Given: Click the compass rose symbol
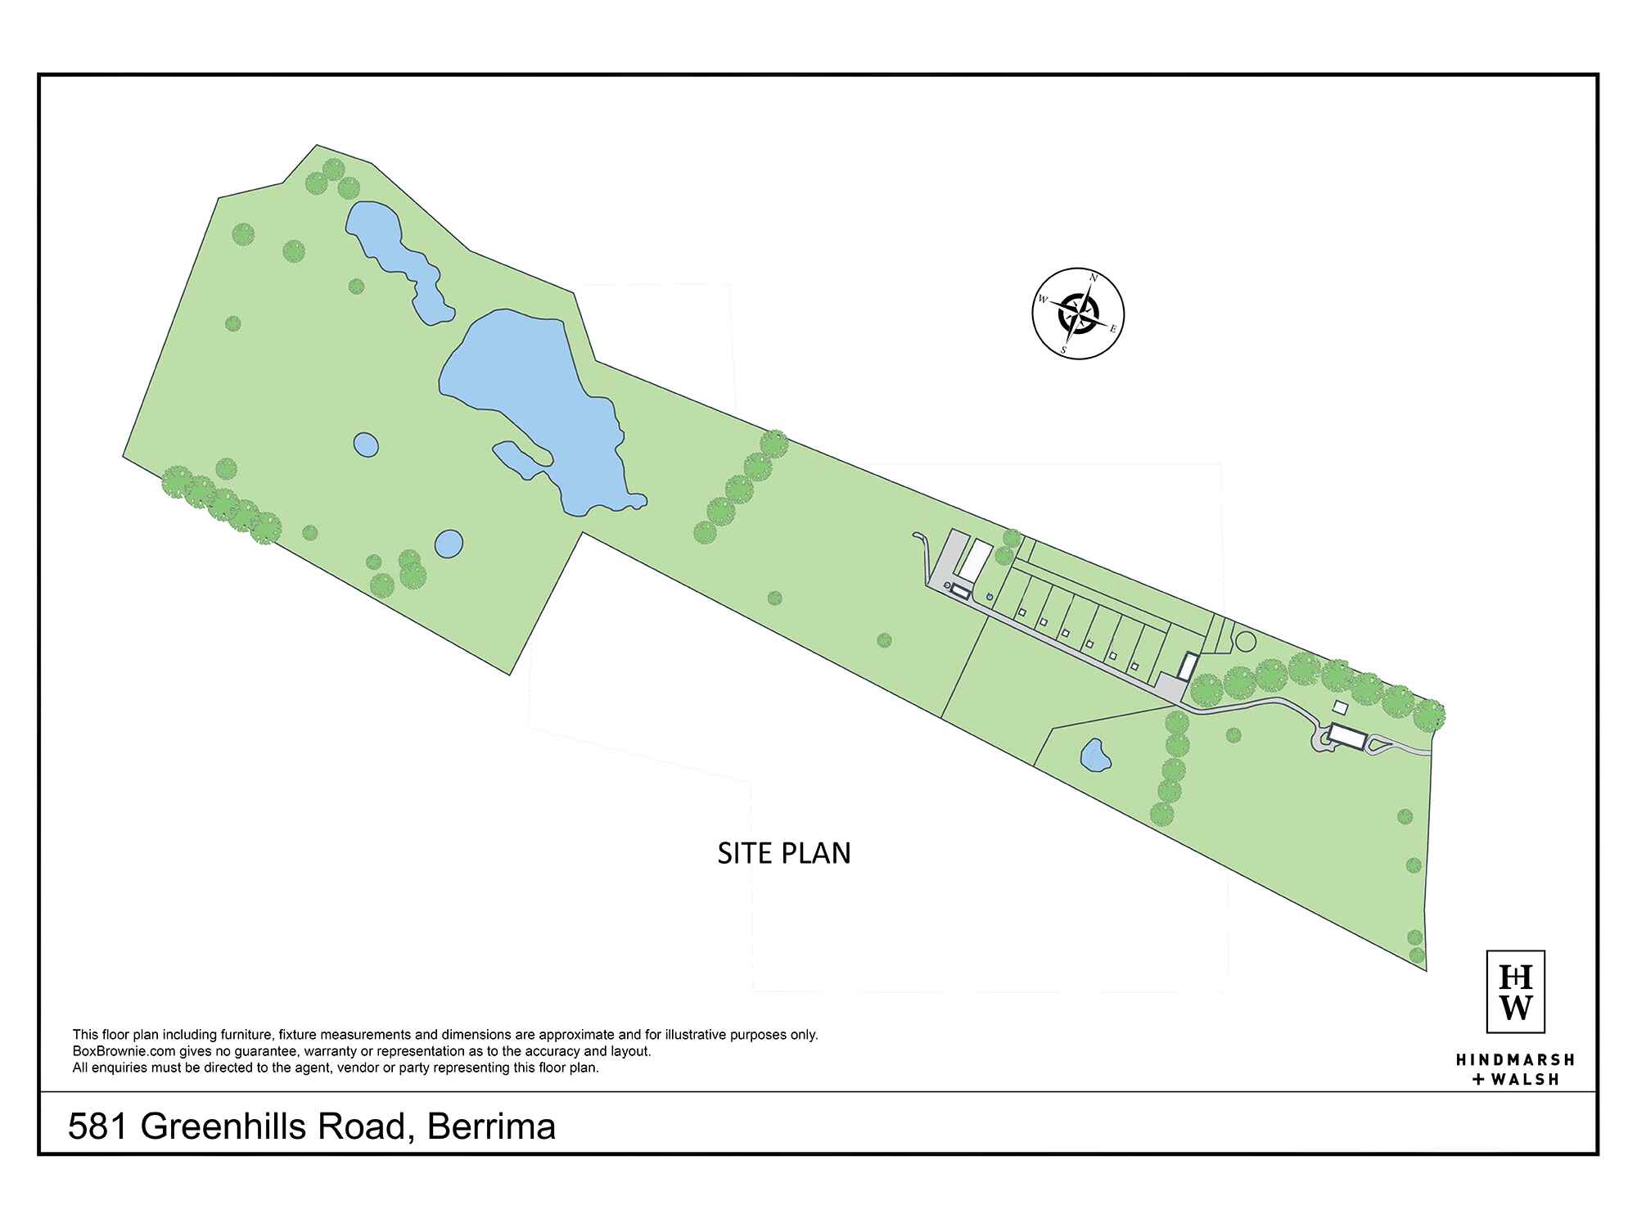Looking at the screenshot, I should tap(1078, 314).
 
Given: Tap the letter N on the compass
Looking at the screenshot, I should tap(1094, 278).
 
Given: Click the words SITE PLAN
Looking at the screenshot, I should tap(784, 853).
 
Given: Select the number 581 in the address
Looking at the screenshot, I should tap(97, 1127).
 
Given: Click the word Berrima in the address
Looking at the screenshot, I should tap(491, 1127).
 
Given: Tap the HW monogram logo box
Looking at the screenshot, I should tap(1515, 991).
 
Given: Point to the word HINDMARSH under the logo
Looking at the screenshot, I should tap(1515, 1059).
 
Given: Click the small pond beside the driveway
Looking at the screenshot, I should tap(1094, 756).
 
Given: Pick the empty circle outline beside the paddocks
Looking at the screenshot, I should tap(1244, 641).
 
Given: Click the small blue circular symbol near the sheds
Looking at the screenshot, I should tap(989, 596).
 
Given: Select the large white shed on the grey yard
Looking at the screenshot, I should tap(974, 560).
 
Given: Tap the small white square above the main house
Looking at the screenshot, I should tap(1341, 706).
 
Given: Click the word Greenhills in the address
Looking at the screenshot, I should tap(273, 1127).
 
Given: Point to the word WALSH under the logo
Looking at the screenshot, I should tap(1525, 1080).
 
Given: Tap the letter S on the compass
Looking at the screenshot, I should tap(1063, 350).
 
